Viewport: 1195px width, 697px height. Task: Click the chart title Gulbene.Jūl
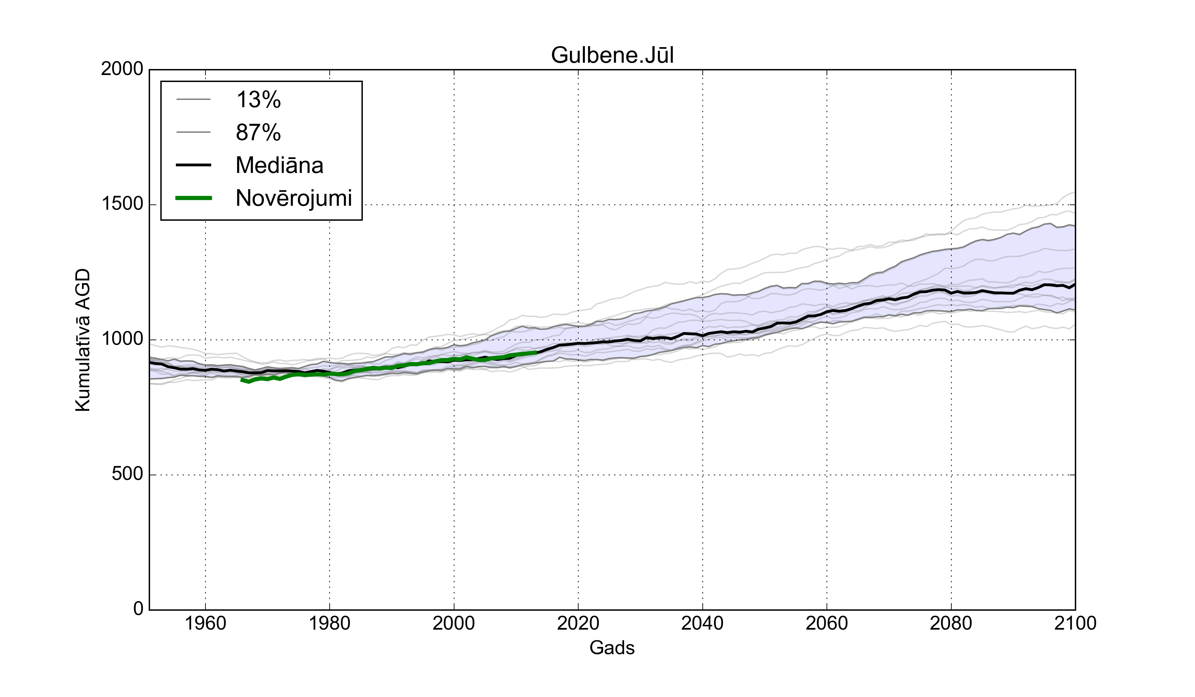click(612, 55)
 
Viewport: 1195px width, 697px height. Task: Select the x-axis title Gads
click(612, 648)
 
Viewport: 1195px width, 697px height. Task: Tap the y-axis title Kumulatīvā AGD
click(83, 340)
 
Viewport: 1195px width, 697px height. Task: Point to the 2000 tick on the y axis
click(122, 69)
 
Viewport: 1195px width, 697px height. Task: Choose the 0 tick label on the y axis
click(138, 608)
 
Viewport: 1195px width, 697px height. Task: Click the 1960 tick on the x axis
click(205, 623)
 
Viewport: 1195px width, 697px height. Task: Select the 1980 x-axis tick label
click(330, 623)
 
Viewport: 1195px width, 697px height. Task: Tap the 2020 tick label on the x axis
click(578, 623)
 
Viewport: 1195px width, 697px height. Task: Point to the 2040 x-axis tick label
click(702, 623)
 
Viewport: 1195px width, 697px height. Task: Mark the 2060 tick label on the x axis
click(827, 623)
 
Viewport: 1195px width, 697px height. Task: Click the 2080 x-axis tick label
click(951, 623)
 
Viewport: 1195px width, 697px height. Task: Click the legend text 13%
click(259, 100)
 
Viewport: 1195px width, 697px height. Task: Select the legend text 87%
click(259, 133)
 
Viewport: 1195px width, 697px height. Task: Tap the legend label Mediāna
click(279, 166)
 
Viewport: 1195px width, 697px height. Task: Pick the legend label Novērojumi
click(293, 198)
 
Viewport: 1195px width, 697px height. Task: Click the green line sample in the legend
click(194, 198)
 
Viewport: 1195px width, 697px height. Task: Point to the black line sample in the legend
click(194, 165)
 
